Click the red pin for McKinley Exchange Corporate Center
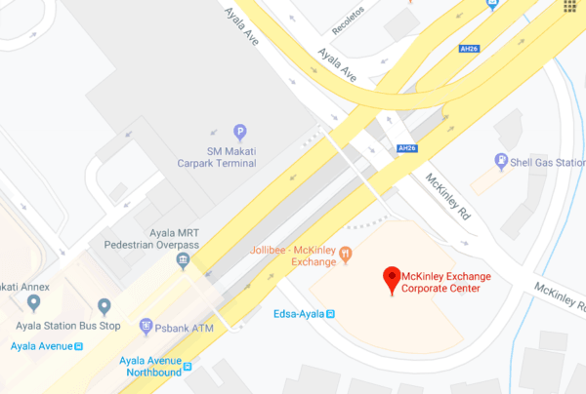[x=392, y=280]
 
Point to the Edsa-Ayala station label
[x=298, y=313]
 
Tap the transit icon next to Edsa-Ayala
[x=330, y=313]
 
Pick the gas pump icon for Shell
[x=501, y=162]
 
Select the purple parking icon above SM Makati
[x=239, y=133]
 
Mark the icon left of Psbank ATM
[x=146, y=326]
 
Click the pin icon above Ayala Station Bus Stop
[x=104, y=306]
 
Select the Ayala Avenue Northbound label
[x=149, y=367]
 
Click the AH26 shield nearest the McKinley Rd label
[x=407, y=148]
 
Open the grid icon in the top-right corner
[x=568, y=7]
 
